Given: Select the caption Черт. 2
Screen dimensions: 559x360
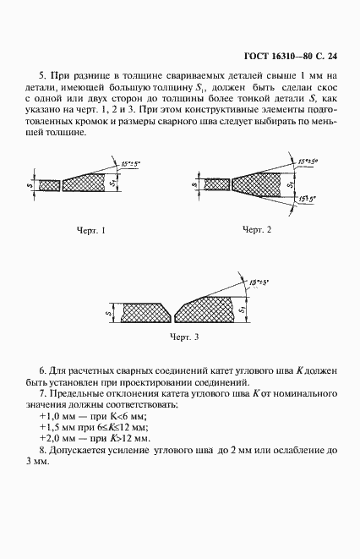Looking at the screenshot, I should (x=257, y=230).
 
